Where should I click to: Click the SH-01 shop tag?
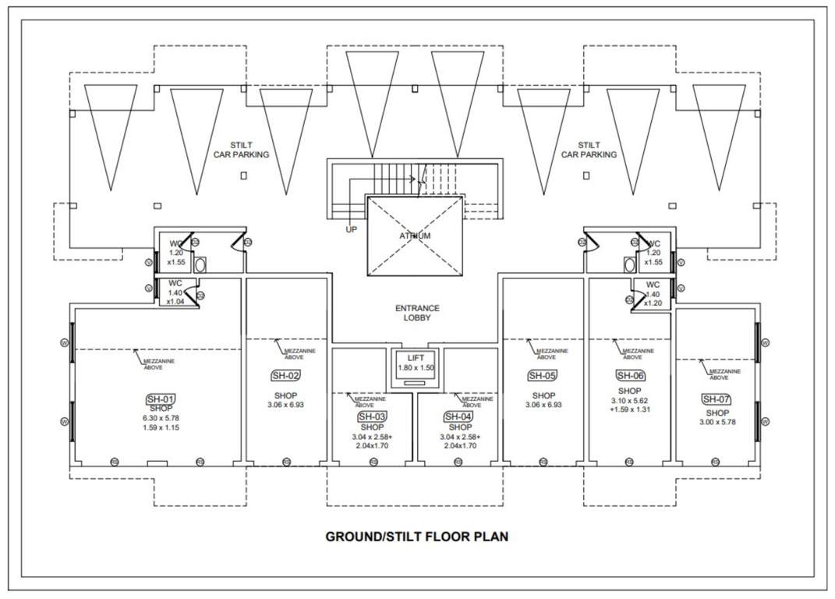(x=161, y=399)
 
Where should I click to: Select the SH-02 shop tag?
(x=285, y=375)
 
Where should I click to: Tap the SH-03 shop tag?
(x=372, y=416)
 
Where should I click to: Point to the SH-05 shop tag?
(x=542, y=375)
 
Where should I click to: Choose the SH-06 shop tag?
(x=630, y=375)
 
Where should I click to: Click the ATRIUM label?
(x=415, y=236)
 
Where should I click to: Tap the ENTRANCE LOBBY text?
(x=417, y=313)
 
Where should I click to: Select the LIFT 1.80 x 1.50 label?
(x=416, y=362)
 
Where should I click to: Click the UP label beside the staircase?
(x=352, y=230)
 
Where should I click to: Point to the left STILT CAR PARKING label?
(x=241, y=150)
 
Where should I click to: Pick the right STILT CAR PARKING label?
(x=589, y=150)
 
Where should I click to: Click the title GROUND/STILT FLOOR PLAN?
(x=416, y=537)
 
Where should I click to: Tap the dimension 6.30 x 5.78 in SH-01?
(x=161, y=418)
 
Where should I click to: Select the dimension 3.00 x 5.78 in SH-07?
(x=717, y=422)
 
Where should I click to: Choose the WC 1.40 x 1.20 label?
(x=653, y=293)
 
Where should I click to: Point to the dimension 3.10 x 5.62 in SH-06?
(x=629, y=400)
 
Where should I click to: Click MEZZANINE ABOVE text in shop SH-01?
(x=158, y=363)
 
